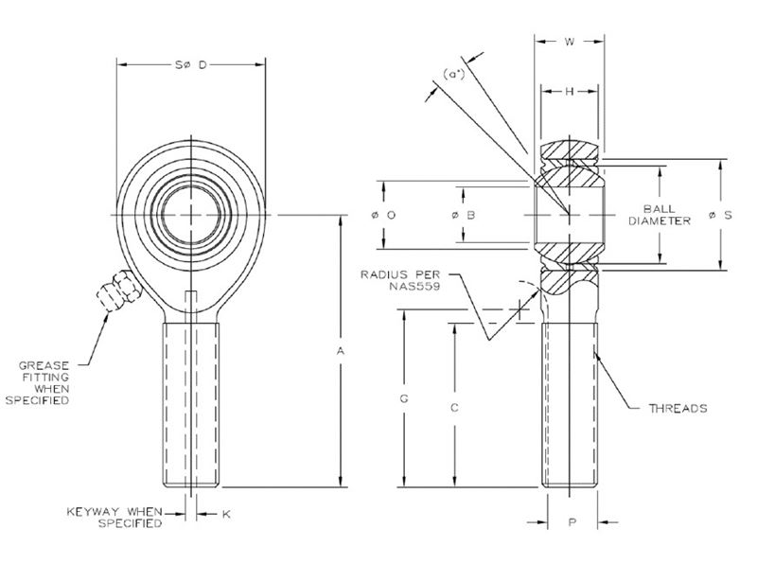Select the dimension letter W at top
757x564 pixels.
coord(570,42)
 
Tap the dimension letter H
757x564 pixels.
coord(570,91)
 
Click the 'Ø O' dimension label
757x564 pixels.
coord(383,216)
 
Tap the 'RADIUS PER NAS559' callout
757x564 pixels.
coord(402,281)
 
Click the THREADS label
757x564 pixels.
coord(678,409)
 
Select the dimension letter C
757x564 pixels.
coord(454,408)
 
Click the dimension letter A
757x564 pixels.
coord(341,351)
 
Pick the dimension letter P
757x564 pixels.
coord(571,520)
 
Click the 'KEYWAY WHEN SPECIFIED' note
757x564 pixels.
coord(114,518)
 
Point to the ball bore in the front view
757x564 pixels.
coord(192,216)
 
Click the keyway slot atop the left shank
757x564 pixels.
coord(192,303)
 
